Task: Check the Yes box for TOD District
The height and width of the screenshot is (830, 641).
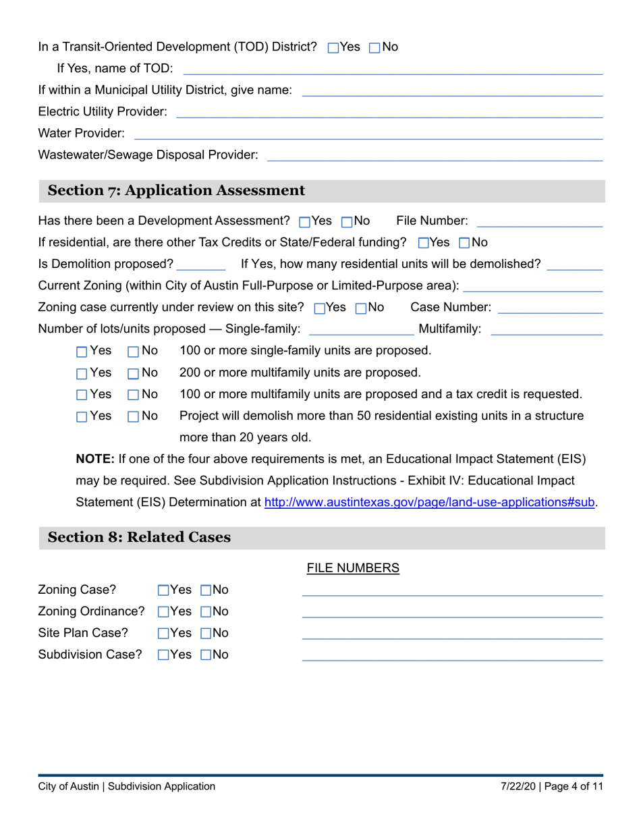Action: point(333,48)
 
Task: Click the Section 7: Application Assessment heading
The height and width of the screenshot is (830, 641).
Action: point(176,191)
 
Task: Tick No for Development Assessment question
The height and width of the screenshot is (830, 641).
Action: point(347,221)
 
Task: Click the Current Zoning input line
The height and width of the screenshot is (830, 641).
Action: point(533,286)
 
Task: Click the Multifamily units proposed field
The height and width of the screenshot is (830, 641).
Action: point(547,329)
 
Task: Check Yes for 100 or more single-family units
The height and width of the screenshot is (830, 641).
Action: point(82,352)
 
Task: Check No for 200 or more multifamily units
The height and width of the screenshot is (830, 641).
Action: point(133,373)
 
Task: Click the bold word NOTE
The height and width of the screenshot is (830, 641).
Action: point(95,460)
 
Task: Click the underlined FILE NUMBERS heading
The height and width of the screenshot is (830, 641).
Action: point(353,569)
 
